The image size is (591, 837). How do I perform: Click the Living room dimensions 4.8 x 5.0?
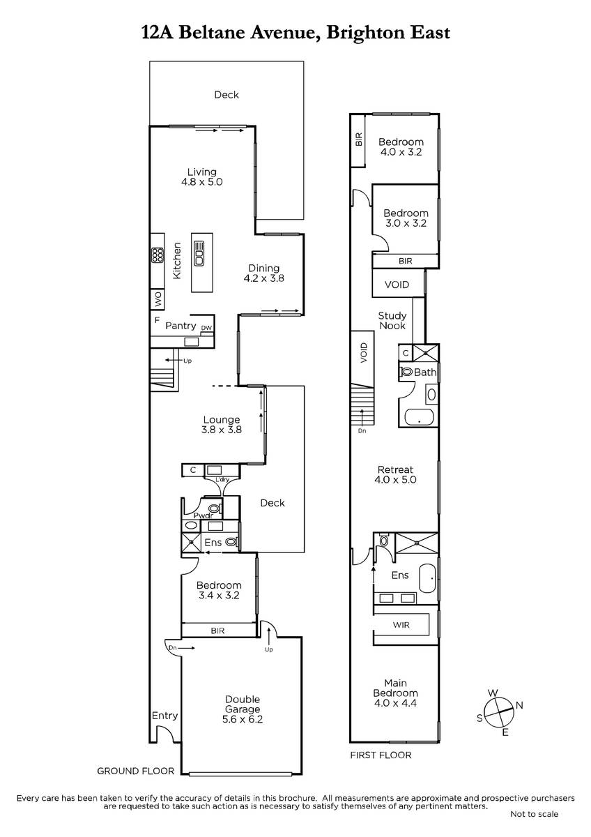pyautogui.click(x=201, y=182)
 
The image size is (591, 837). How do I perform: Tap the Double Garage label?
pyautogui.click(x=243, y=704)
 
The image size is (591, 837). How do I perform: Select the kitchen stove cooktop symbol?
pyautogui.click(x=158, y=255)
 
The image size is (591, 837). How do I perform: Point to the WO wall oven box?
pyautogui.click(x=158, y=299)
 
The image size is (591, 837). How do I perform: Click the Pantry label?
pyautogui.click(x=181, y=326)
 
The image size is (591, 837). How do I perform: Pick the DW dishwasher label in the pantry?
pyautogui.click(x=206, y=328)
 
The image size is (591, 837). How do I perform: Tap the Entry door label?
pyautogui.click(x=164, y=716)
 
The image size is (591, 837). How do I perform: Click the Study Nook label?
pyautogui.click(x=392, y=321)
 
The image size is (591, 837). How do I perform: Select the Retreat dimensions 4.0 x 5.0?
pyautogui.click(x=395, y=480)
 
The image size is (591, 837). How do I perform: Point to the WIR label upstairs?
pyautogui.click(x=401, y=625)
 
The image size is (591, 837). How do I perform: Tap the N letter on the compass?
pyautogui.click(x=519, y=705)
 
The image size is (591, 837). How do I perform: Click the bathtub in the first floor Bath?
pyautogui.click(x=420, y=418)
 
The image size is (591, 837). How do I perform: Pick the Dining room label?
pyautogui.click(x=264, y=269)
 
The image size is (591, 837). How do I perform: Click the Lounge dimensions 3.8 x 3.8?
pyautogui.click(x=222, y=430)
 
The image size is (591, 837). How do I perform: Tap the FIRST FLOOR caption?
pyautogui.click(x=381, y=755)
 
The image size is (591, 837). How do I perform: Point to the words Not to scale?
pyautogui.click(x=535, y=814)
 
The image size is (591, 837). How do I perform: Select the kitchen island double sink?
pyautogui.click(x=199, y=253)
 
